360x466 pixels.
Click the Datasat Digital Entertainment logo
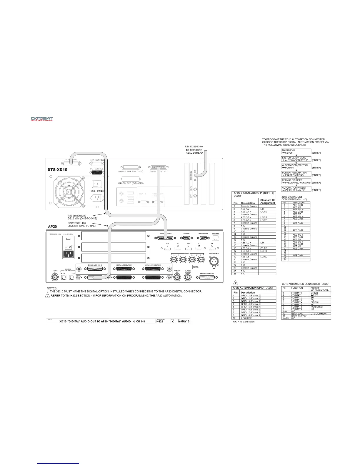pos(42,119)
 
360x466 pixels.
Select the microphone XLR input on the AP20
pos(214,260)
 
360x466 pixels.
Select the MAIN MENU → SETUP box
pos(296,152)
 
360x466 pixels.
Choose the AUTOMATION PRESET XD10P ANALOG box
pos(296,189)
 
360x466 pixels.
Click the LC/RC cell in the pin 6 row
pos(264,220)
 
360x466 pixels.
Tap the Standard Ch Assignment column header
pos(267,202)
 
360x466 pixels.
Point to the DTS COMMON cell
pos(319,314)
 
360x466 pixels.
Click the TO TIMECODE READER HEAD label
pos(194,152)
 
